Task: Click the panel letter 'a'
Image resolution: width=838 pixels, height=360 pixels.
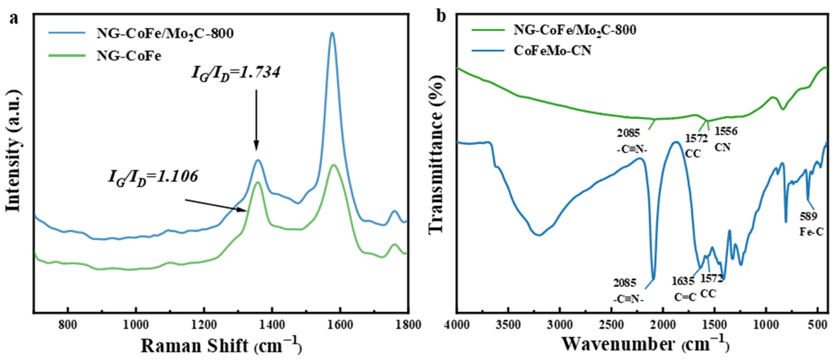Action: click(14, 19)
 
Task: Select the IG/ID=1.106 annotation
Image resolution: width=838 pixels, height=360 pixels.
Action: click(153, 178)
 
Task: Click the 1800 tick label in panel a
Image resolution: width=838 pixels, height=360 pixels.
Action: click(407, 325)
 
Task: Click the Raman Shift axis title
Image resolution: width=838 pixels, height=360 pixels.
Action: click(221, 346)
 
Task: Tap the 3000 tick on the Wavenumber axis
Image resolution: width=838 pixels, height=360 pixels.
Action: click(559, 325)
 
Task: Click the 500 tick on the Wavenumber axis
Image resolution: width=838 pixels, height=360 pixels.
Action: click(817, 325)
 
